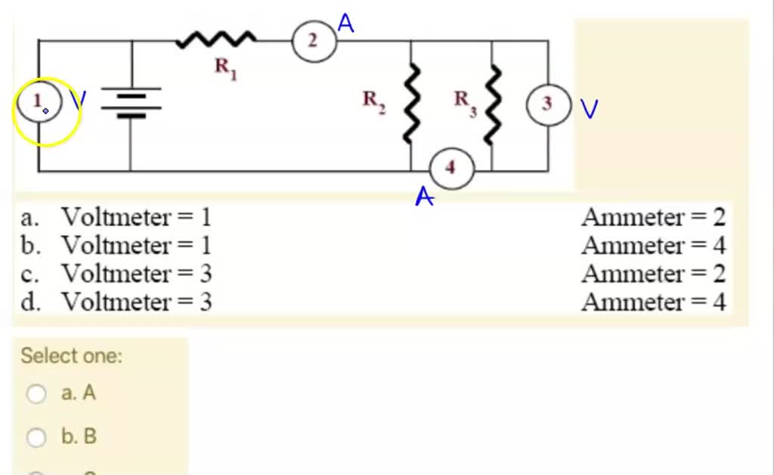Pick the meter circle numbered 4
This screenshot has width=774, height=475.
point(451,168)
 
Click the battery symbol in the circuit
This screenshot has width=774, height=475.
point(131,104)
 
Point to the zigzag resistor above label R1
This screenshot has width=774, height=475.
point(216,39)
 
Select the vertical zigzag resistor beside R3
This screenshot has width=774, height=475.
point(493,104)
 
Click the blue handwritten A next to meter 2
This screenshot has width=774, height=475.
point(346,23)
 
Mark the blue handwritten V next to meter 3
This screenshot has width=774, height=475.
point(589,109)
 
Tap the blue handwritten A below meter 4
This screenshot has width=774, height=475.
point(425,197)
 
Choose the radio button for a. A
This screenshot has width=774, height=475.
point(36,393)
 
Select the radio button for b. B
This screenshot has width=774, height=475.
point(36,437)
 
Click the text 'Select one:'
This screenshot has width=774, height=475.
point(71,355)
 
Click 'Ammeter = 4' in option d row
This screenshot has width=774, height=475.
point(653,303)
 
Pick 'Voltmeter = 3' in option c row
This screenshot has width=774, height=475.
point(136,273)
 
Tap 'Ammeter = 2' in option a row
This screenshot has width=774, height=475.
point(653,218)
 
